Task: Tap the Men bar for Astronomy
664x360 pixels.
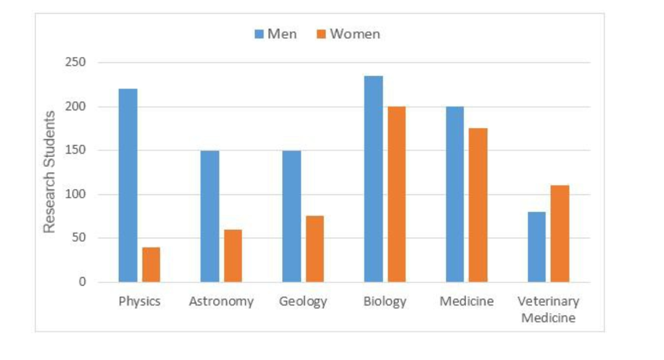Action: tap(210, 216)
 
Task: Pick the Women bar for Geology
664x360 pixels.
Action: tap(315, 249)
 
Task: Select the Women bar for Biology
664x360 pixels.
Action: tap(396, 194)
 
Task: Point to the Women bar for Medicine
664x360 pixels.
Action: tap(479, 205)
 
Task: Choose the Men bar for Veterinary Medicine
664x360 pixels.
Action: tap(536, 247)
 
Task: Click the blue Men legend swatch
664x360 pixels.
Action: tap(259, 34)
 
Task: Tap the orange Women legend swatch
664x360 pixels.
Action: tap(321, 34)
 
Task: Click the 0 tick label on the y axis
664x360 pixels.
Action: tap(82, 282)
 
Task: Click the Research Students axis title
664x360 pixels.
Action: tap(49, 171)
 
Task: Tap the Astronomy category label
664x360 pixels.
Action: tap(221, 302)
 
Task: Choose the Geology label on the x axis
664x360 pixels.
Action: tap(303, 302)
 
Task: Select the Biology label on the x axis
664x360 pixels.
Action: tap(385, 302)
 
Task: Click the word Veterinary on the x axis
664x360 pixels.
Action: tap(548, 302)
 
